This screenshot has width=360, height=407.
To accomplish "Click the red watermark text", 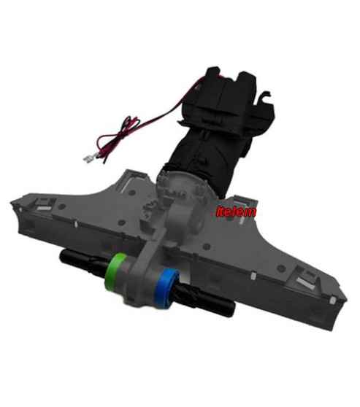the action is coord(236,212).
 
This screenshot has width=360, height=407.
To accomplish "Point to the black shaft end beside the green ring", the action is coord(83,260).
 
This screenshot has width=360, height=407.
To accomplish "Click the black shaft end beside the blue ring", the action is coord(205,301).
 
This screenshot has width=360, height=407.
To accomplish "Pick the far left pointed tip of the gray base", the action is coord(11,203).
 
